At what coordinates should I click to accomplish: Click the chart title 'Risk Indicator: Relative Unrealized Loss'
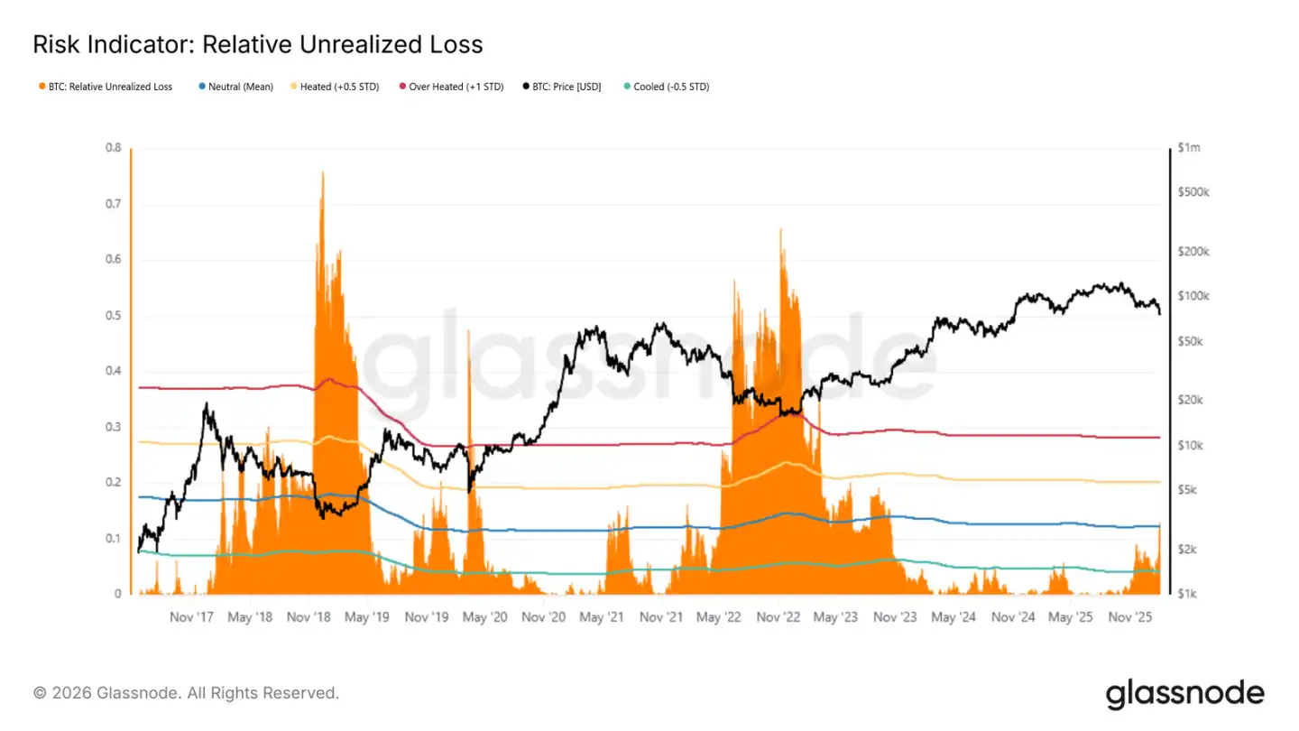coord(257,44)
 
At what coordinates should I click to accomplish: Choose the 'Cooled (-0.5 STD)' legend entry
coord(671,87)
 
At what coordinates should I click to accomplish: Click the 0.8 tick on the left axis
coord(113,148)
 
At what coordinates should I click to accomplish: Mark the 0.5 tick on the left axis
coord(113,316)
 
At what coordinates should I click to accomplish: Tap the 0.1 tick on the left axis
coord(113,539)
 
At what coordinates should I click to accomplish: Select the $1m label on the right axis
coord(1190,148)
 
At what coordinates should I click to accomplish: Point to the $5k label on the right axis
coord(1188,490)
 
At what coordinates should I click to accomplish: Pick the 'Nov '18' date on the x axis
coord(309,617)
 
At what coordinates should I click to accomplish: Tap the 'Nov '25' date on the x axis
coord(1129,617)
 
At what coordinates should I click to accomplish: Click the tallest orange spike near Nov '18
coord(322,173)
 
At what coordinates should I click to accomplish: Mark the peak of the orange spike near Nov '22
coord(780,230)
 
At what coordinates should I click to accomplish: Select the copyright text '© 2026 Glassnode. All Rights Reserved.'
coord(186,693)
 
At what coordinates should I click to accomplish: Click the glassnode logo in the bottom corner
coord(1184,693)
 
